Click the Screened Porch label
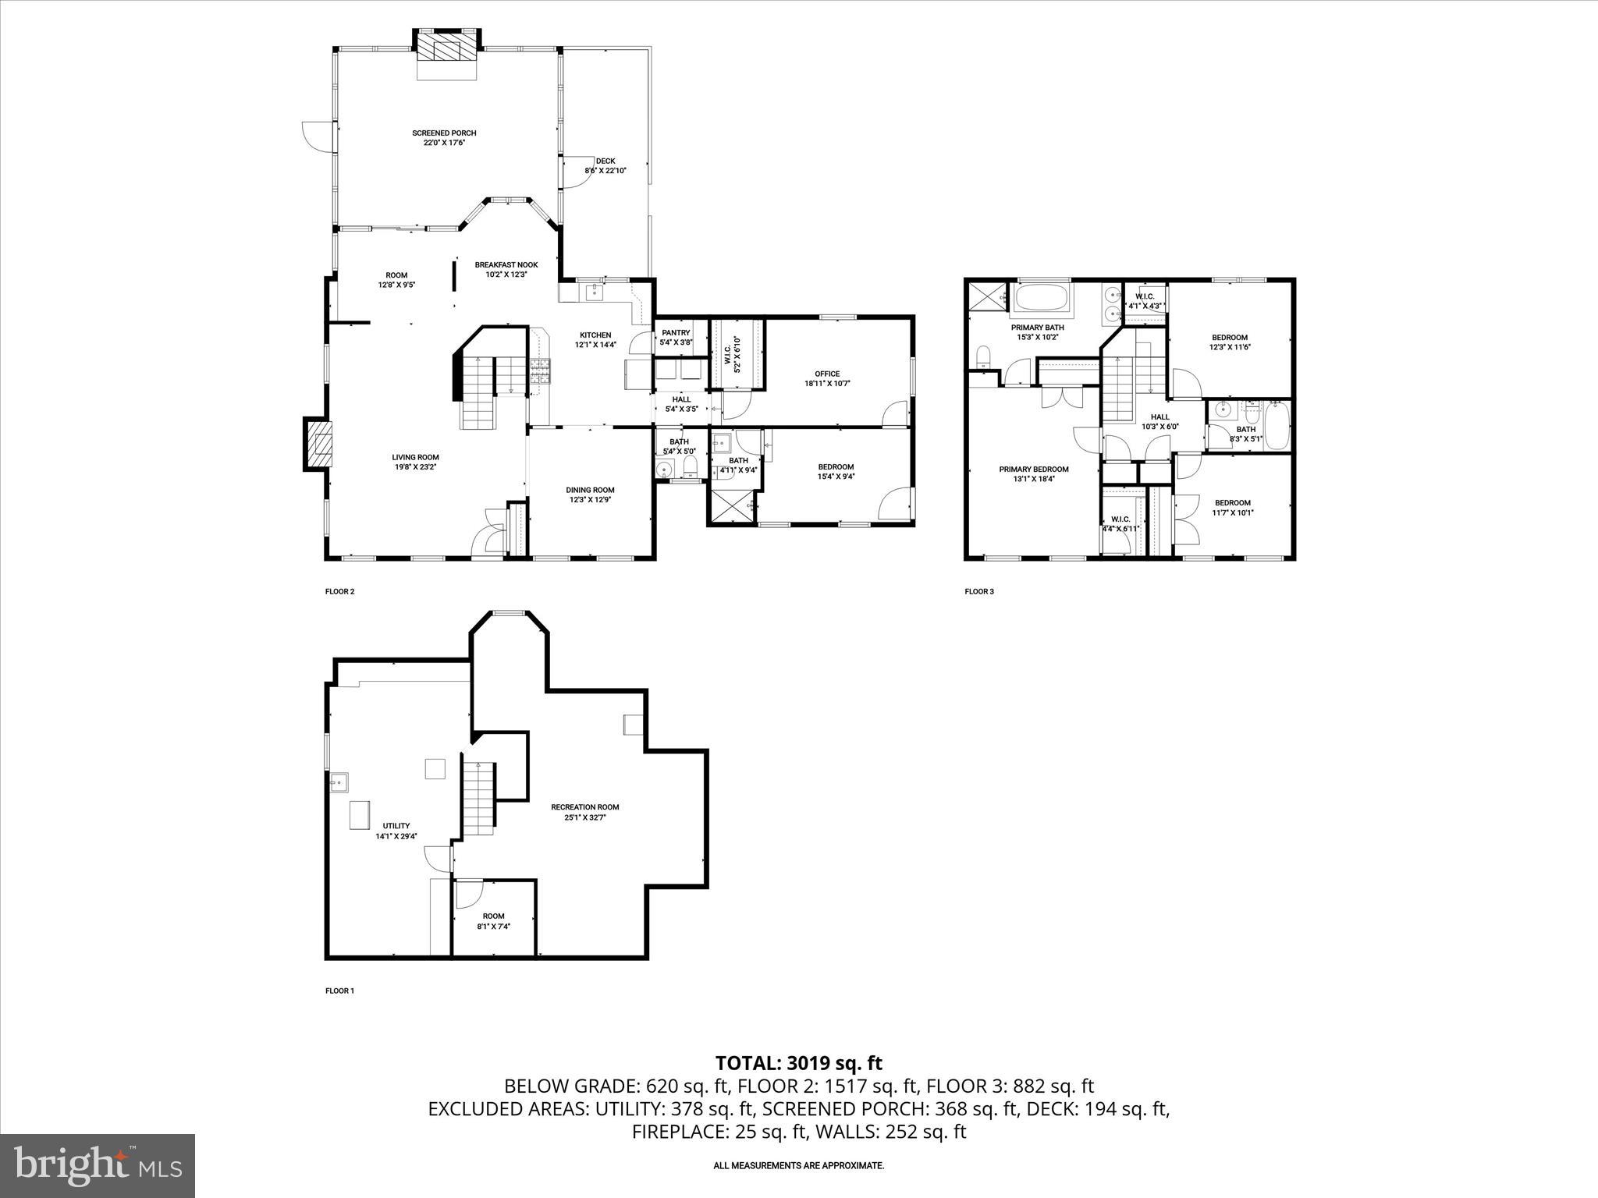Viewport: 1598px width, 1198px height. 444,133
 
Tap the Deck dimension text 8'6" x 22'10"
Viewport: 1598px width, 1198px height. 605,170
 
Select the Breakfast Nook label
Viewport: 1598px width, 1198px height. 506,265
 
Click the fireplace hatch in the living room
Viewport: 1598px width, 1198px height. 318,445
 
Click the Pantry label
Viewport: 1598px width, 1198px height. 676,333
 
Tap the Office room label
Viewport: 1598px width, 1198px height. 827,374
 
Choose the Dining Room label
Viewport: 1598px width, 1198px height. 590,491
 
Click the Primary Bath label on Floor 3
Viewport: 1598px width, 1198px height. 1037,328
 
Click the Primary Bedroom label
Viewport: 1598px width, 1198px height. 1034,470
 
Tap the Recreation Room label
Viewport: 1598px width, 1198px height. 584,807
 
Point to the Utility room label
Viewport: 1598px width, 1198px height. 396,826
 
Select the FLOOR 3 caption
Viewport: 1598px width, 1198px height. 979,591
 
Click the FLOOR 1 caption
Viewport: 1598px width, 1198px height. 339,991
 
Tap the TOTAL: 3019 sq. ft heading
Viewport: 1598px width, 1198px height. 798,1063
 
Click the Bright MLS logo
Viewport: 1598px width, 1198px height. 98,1165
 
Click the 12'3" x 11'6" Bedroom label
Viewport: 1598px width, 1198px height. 1230,338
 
